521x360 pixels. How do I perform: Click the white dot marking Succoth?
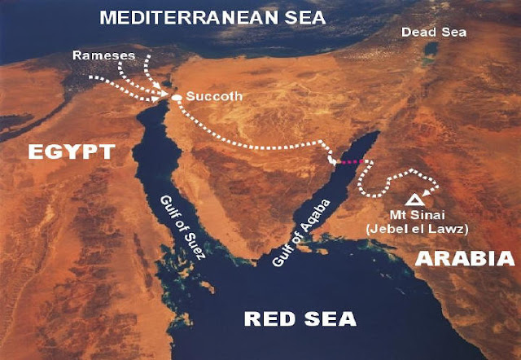tap(177, 98)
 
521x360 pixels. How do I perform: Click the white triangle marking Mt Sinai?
tap(414, 198)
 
